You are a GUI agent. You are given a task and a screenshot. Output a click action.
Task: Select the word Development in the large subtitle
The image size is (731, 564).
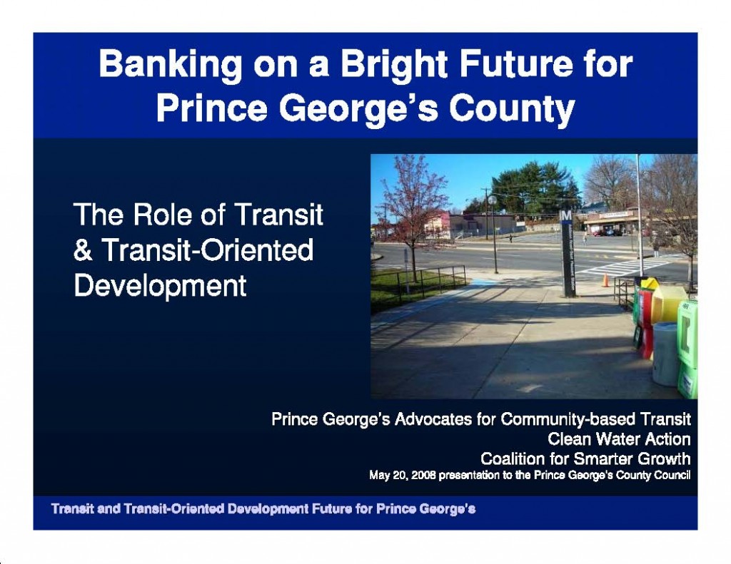pos(160,286)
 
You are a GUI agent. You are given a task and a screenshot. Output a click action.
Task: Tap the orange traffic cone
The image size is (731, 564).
pos(605,280)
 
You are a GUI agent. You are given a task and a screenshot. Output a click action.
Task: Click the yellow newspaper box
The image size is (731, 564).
pos(668,302)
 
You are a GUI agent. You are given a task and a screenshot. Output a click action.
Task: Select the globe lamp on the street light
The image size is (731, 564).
pos(493,200)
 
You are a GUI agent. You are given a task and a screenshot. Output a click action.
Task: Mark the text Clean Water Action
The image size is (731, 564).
pos(619,439)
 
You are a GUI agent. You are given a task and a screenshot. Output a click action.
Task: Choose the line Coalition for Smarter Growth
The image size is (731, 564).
pos(585,458)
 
